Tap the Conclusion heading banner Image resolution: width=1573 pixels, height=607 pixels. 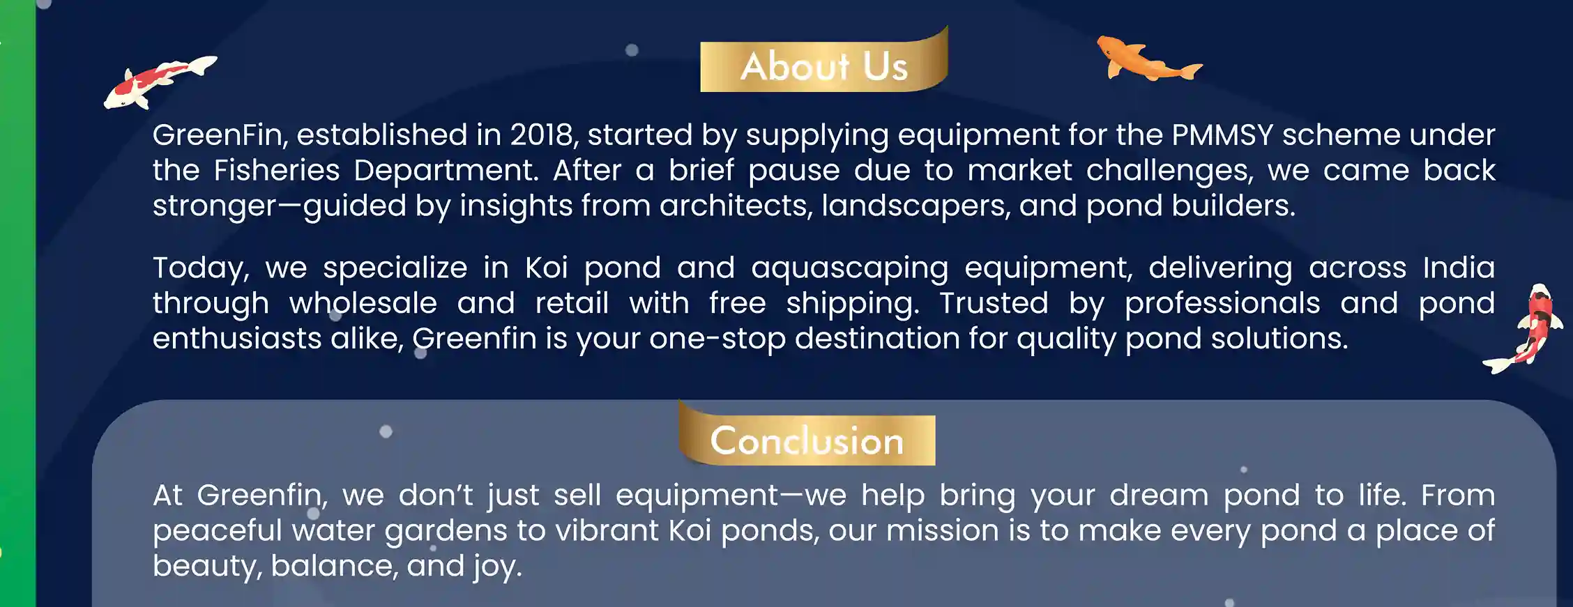pyautogui.click(x=807, y=438)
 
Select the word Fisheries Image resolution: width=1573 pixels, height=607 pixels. pyautogui.click(x=276, y=170)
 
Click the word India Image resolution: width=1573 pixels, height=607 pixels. pyautogui.click(x=1459, y=268)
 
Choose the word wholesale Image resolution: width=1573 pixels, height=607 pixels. pyautogui.click(x=363, y=303)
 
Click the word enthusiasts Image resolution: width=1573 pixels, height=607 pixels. pyautogui.click(x=237, y=339)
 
